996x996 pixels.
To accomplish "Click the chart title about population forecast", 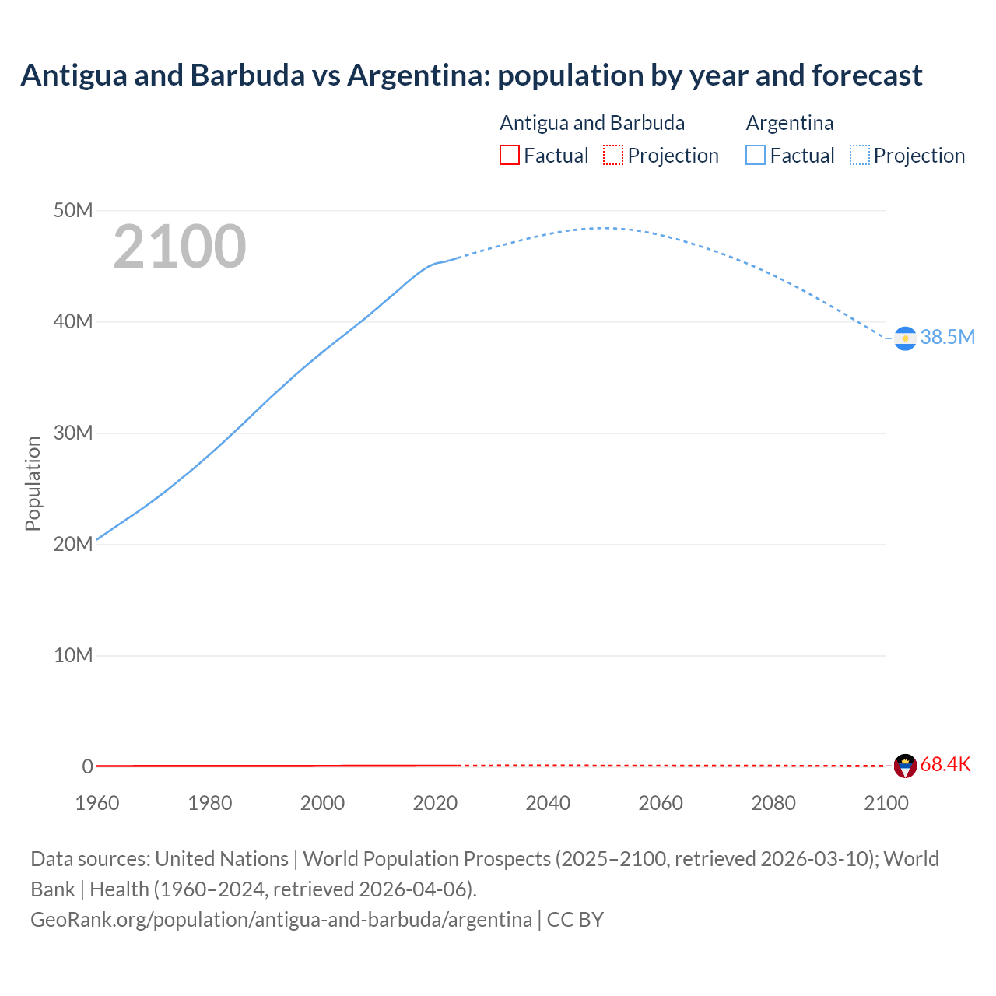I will click(471, 75).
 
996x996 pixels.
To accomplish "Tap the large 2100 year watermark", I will click(180, 247).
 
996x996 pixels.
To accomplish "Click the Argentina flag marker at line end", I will click(905, 338).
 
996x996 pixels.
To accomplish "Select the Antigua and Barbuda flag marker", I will click(905, 766).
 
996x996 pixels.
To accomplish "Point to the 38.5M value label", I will click(947, 337).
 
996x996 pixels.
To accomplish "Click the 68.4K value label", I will click(945, 764).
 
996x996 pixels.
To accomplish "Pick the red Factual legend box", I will click(509, 156).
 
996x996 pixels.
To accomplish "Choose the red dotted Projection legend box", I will click(613, 156).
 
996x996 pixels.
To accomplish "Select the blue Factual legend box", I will click(756, 156).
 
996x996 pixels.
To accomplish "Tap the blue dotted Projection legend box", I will click(860, 156).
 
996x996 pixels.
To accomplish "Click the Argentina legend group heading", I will click(789, 123).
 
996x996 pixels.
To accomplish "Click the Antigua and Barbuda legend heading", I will click(592, 123).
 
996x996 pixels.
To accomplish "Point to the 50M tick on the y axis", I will click(73, 211).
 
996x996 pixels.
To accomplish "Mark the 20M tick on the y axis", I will click(73, 544).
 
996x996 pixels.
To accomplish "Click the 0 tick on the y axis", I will click(87, 766).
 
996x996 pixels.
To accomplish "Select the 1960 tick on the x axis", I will click(97, 803).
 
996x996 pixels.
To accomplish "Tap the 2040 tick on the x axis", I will click(548, 803).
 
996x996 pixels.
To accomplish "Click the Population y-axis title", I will click(33, 483).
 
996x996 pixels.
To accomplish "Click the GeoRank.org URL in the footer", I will click(281, 920).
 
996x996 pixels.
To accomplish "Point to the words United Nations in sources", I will click(222, 859).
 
